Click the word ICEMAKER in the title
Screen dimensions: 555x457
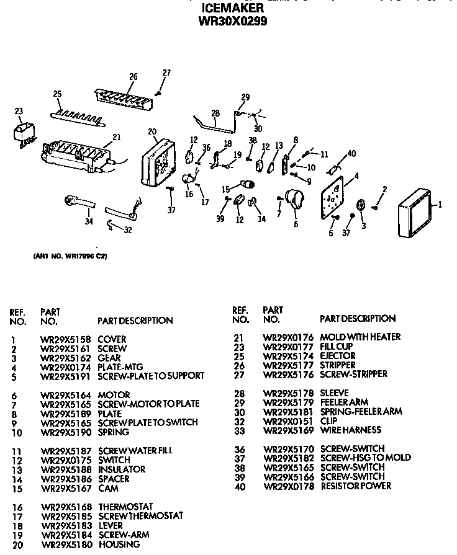click(232, 8)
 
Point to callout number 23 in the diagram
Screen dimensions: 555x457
click(19, 112)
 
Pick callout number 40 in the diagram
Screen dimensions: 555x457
click(351, 153)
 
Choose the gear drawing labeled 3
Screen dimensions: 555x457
click(361, 206)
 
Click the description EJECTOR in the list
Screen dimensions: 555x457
click(337, 355)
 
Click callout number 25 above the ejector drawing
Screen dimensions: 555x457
click(57, 94)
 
